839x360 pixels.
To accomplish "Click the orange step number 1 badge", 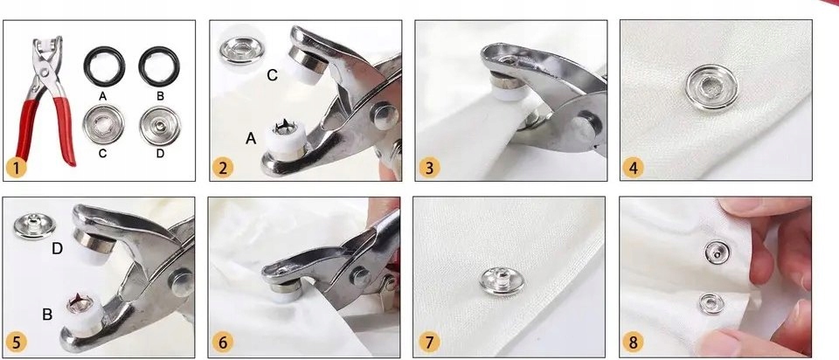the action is [17, 169].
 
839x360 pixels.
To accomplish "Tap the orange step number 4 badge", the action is [633, 169].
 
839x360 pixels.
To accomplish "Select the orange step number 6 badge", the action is [223, 343].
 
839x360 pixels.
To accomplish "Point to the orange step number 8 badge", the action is [633, 343].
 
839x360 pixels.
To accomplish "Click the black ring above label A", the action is [104, 66].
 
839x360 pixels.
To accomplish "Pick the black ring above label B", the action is [159, 66].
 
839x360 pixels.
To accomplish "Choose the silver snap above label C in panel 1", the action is [103, 125].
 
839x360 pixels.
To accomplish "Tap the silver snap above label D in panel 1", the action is [159, 126].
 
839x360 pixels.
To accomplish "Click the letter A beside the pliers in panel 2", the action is [251, 139].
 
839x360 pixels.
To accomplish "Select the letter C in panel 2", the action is [273, 76].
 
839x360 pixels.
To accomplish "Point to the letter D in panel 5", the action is [58, 248].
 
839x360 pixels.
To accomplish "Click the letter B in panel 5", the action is [47, 315].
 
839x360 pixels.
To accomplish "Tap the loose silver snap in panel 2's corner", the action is [241, 51].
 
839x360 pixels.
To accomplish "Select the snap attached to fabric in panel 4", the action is [711, 87].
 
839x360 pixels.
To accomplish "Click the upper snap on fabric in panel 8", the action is [717, 252].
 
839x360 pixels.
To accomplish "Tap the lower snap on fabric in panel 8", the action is [711, 303].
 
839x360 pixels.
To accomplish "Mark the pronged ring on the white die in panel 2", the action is [283, 127].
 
